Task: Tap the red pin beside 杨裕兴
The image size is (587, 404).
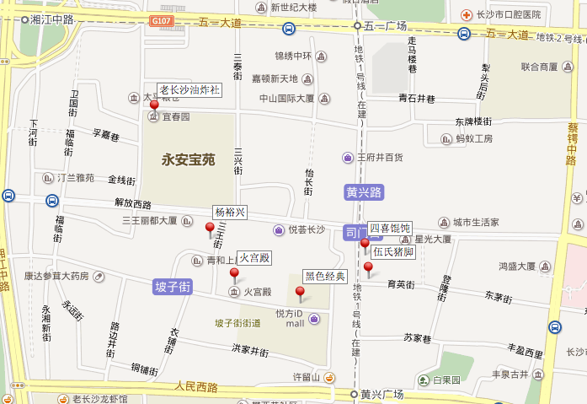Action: coord(210,227)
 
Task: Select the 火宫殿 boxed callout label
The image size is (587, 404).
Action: coord(253,257)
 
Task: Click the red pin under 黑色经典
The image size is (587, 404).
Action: coord(300,292)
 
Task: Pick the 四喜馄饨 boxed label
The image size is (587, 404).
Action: coord(389,229)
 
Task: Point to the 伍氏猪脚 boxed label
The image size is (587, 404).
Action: coord(392,251)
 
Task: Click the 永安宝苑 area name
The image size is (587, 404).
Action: coord(190,158)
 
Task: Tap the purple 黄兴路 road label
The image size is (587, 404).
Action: coord(364,192)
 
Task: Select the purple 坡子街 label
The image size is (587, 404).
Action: coord(173,287)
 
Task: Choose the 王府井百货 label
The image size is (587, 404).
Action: coord(379,157)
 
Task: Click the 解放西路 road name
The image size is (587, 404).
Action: coord(132,204)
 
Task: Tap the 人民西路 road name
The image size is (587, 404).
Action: coord(196,387)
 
